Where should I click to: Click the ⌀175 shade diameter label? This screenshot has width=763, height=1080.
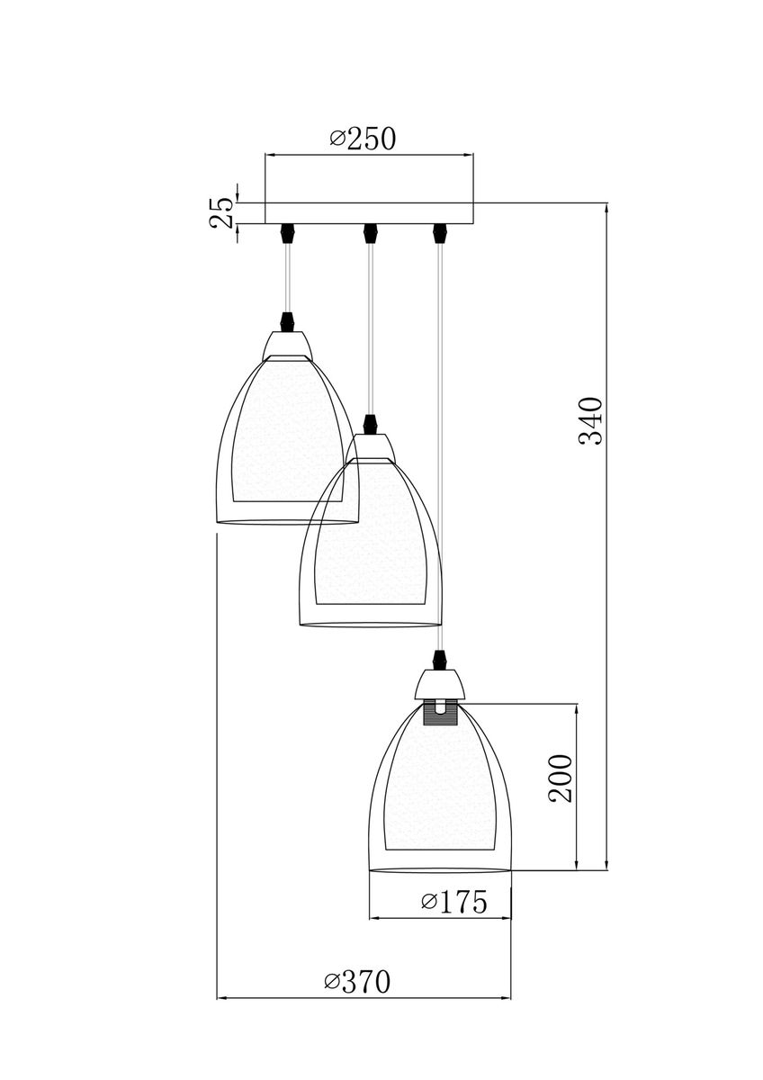point(453,902)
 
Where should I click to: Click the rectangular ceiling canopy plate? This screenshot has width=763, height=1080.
point(369,212)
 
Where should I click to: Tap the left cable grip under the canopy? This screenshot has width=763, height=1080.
point(288,232)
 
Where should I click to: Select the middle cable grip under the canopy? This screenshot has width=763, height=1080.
point(368,232)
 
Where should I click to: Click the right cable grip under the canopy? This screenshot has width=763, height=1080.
point(439,232)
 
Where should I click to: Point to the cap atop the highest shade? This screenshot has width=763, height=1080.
point(289,344)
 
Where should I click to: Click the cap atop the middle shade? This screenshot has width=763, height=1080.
point(368,445)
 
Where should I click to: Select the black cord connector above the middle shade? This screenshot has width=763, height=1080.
point(368,422)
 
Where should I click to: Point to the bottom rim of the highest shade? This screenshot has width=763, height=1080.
point(289,522)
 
